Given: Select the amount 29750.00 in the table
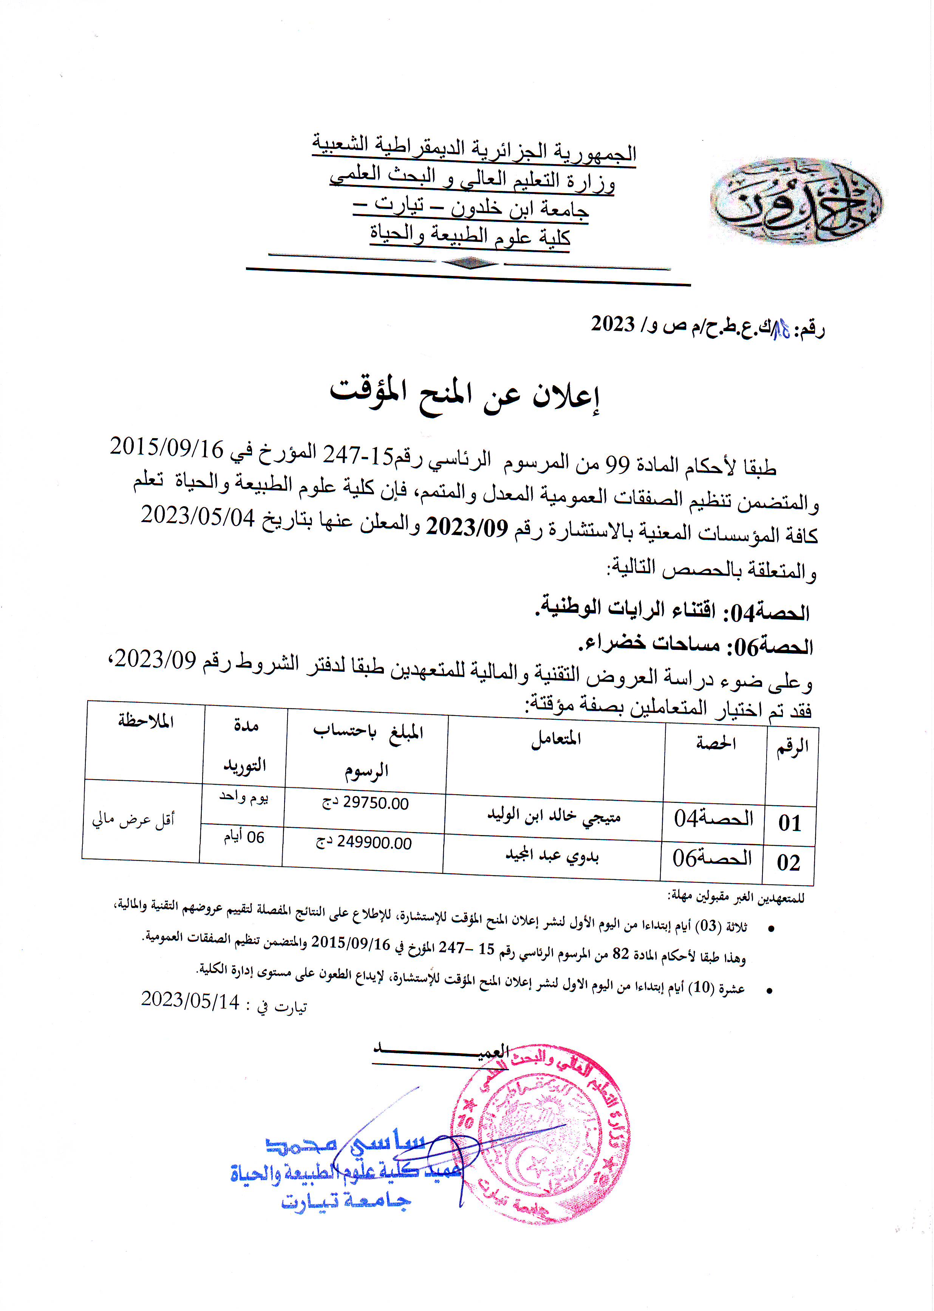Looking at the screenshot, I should click(x=366, y=803).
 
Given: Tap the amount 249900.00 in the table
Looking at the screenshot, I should click(x=364, y=842).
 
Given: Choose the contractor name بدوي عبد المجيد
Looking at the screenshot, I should click(x=552, y=855).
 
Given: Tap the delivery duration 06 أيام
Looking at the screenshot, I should click(x=244, y=837).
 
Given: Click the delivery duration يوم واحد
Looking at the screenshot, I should click(x=244, y=797).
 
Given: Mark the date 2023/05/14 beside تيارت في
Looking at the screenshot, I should click(x=190, y=1000).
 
